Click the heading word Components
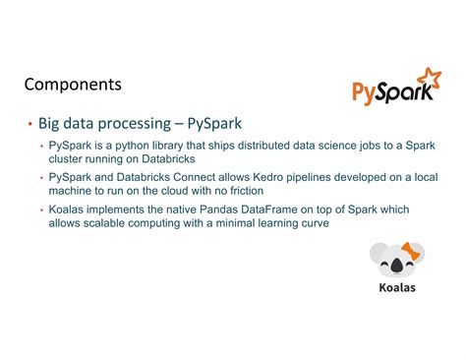click(x=73, y=86)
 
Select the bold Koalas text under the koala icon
click(x=397, y=287)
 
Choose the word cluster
click(x=67, y=158)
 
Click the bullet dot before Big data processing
click(x=29, y=124)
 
